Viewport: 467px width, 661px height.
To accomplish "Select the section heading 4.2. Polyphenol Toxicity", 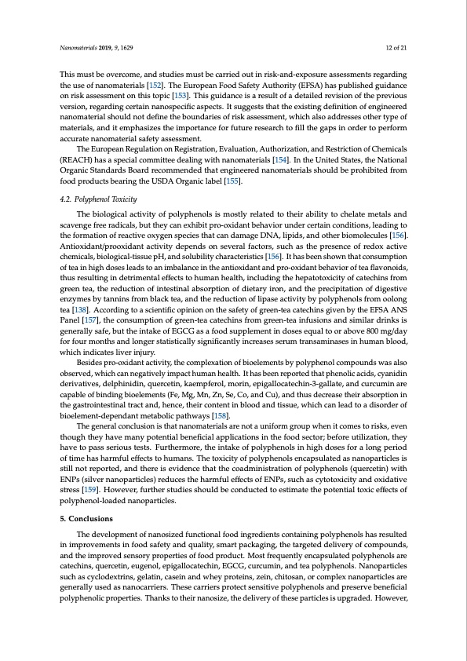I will [99, 199].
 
